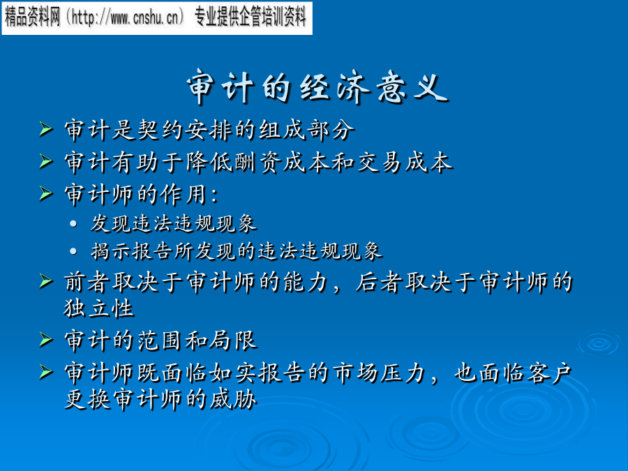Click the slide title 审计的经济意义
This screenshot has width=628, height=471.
pyautogui.click(x=317, y=87)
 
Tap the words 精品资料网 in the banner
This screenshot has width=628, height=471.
pyautogui.click(x=32, y=17)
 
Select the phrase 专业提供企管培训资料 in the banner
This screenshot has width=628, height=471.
pyautogui.click(x=251, y=17)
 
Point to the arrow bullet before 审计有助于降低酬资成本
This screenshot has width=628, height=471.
pyautogui.click(x=46, y=162)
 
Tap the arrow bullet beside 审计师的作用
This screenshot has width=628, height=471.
pyautogui.click(x=46, y=194)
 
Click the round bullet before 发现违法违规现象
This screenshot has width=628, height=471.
pyautogui.click(x=73, y=223)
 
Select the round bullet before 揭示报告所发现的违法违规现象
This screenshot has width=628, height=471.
pyautogui.click(x=73, y=251)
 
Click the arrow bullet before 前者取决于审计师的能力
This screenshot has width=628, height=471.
pyautogui.click(x=46, y=281)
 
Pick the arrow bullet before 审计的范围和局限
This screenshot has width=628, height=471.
pyautogui.click(x=46, y=340)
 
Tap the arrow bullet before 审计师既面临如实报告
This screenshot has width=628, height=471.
pyautogui.click(x=46, y=373)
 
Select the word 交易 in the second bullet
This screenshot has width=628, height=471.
pyautogui.click(x=380, y=163)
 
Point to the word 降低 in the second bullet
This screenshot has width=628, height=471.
pyautogui.click(x=209, y=163)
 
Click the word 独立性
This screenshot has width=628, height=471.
pyautogui.click(x=99, y=308)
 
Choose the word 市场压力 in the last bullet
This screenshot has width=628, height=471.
pyautogui.click(x=379, y=373)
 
